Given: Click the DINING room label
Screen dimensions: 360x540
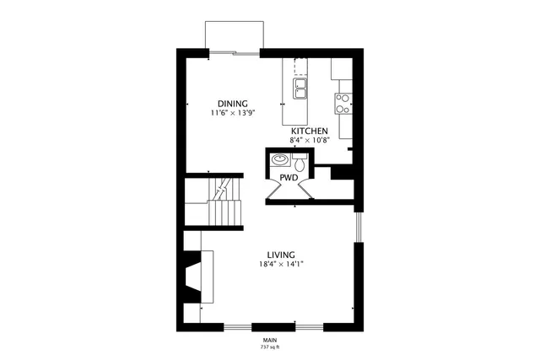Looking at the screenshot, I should point(232,103).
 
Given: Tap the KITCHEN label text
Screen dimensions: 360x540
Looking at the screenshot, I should point(310,132).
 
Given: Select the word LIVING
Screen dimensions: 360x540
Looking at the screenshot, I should point(280,255).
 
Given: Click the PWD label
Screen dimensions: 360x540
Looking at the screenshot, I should point(289,178).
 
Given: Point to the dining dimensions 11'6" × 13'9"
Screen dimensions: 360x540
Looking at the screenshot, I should point(232,112).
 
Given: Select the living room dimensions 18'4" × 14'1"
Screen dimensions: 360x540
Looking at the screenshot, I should point(280,264).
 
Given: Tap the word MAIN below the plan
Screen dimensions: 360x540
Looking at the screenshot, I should point(270,340).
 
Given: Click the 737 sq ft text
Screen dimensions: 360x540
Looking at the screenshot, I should point(270,347).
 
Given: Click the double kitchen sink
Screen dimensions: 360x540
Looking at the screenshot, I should point(301,86).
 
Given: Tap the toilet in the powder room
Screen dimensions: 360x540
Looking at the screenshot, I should point(298,160).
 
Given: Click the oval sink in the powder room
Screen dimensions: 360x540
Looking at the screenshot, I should point(278,160).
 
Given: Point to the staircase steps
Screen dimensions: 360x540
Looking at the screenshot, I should point(224,207).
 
